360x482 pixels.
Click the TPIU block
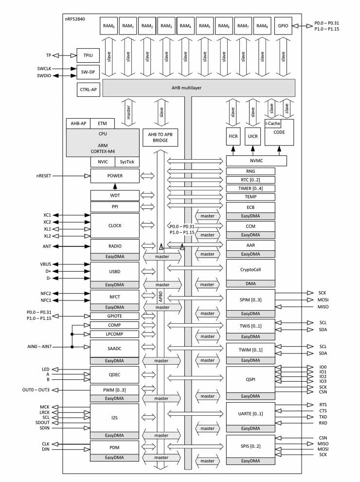point(87,55)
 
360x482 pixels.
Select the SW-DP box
point(87,72)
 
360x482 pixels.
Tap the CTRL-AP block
point(87,90)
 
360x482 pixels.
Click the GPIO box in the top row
point(283,25)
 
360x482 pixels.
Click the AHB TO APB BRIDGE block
point(160,137)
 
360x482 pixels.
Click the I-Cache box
point(272,124)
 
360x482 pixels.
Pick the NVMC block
point(256,161)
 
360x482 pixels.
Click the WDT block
point(115,195)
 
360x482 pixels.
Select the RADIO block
point(115,246)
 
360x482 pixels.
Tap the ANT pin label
point(47,246)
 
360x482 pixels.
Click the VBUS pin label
point(45,264)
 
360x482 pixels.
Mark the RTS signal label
point(323,405)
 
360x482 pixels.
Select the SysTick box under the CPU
point(126,162)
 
